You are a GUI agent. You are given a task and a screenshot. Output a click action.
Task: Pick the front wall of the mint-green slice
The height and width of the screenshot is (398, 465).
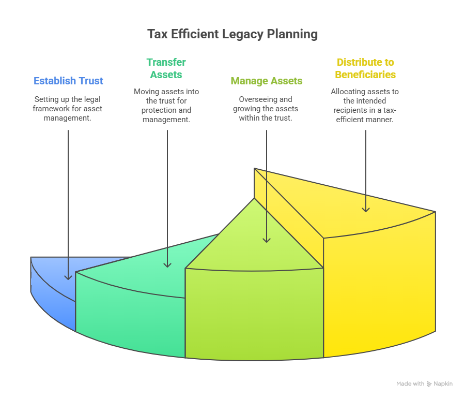[129, 316]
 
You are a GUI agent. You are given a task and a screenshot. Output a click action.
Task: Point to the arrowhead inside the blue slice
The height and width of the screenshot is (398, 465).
[68, 277]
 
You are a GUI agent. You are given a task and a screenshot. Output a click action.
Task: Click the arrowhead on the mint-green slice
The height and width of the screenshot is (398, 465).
[167, 264]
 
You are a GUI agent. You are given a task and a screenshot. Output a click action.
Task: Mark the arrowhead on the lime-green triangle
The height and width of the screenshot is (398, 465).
[267, 239]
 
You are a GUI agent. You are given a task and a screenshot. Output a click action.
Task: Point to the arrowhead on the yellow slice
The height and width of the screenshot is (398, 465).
[366, 209]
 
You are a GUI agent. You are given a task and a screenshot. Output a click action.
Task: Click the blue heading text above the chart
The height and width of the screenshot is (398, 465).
[68, 82]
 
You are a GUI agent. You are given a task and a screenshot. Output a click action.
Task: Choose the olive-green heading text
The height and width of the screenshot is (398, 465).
[267, 81]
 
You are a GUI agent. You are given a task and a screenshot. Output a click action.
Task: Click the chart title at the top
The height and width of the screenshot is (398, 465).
[233, 35]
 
